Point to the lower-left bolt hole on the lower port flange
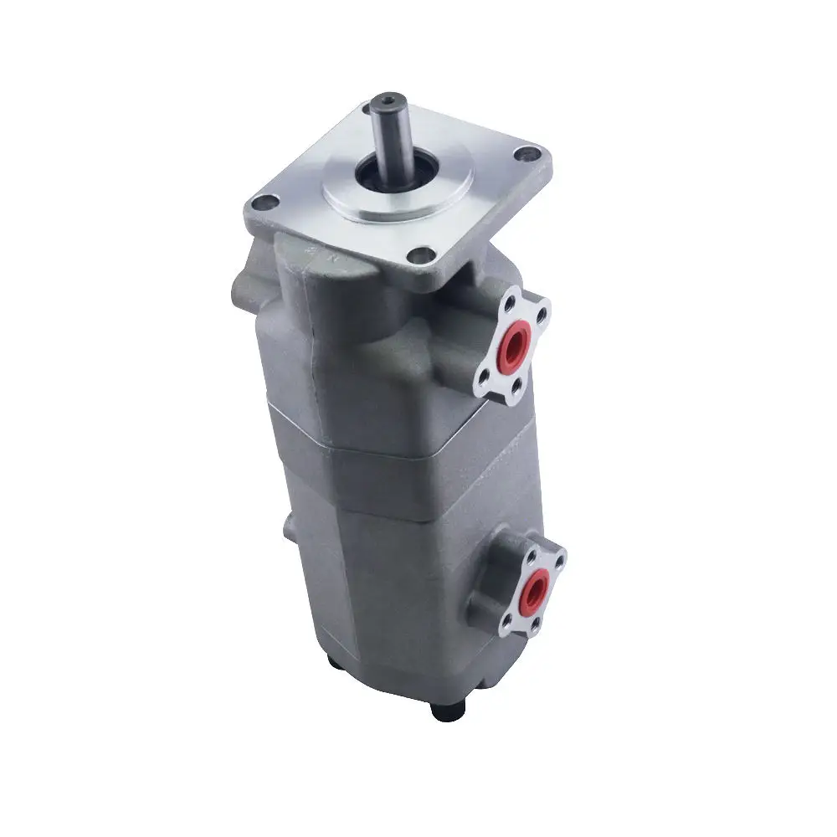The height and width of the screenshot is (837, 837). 506,623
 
